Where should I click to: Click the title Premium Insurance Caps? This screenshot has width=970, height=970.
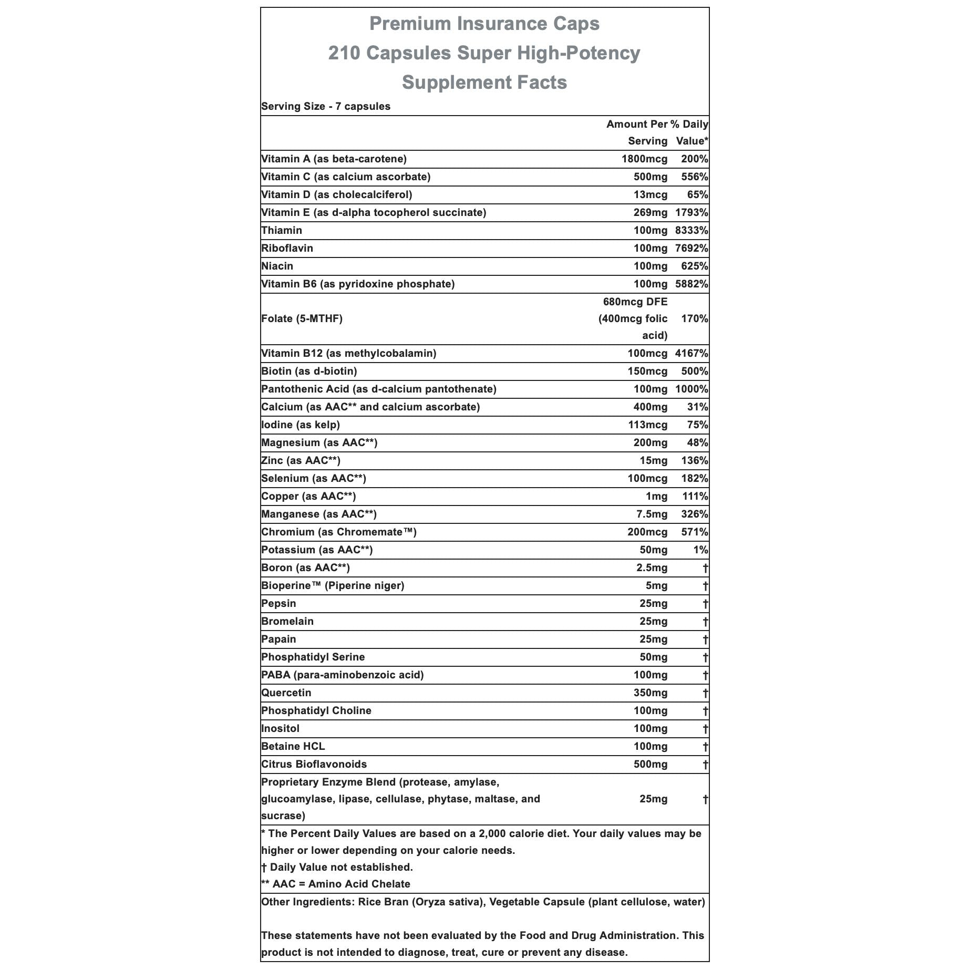tap(484, 24)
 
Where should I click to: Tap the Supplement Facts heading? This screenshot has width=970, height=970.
tap(484, 82)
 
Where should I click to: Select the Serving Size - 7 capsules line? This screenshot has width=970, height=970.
tap(326, 106)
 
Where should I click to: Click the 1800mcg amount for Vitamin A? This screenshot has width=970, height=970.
tap(644, 159)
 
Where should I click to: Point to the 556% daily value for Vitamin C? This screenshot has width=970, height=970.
tap(695, 177)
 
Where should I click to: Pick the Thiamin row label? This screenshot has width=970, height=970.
tap(282, 230)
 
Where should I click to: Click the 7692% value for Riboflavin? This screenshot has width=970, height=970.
tap(692, 248)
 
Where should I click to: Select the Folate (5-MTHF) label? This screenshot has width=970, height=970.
tap(302, 318)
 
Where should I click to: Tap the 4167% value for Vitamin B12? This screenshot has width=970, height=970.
tap(692, 353)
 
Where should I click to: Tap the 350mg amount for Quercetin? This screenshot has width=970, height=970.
tap(651, 693)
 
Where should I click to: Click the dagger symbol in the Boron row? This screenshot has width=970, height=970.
tap(705, 568)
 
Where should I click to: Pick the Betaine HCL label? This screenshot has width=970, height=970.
tap(293, 746)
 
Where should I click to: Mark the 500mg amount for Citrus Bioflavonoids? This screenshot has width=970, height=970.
tap(651, 764)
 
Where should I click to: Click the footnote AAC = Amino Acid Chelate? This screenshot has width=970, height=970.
tap(336, 884)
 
